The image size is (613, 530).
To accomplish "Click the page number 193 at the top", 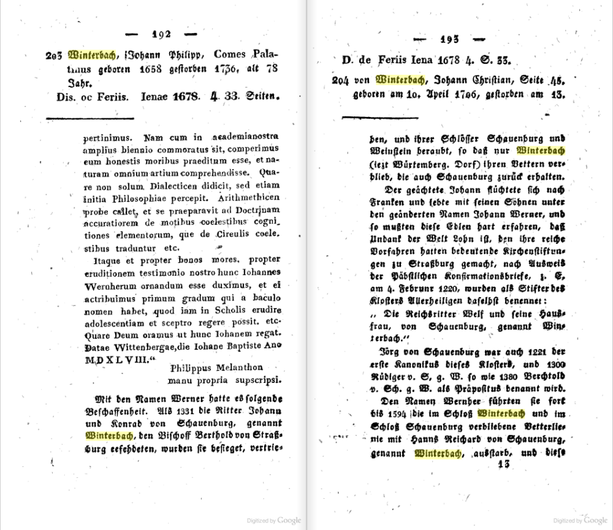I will click(x=454, y=40).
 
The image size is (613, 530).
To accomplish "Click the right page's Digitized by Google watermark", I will click(x=580, y=520).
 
